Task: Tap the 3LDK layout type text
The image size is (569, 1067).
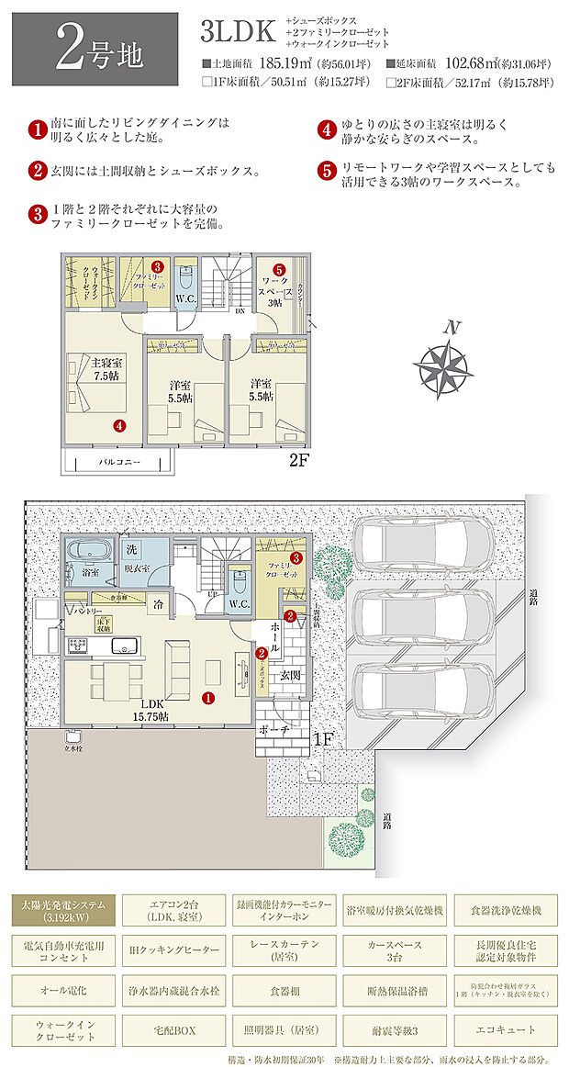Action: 238,31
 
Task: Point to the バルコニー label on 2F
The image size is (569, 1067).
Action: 119,462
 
